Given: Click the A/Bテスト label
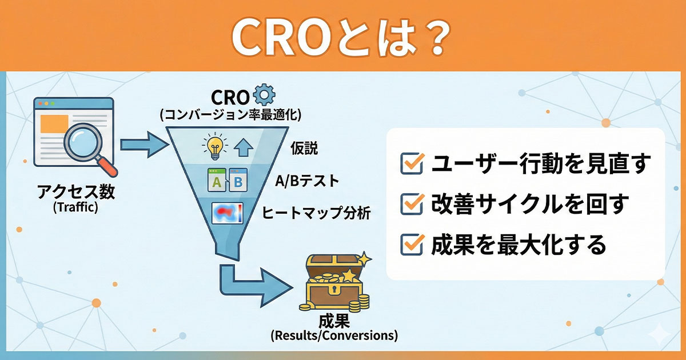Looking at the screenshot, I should coord(306,182).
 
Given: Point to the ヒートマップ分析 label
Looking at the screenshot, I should coord(316,214).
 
